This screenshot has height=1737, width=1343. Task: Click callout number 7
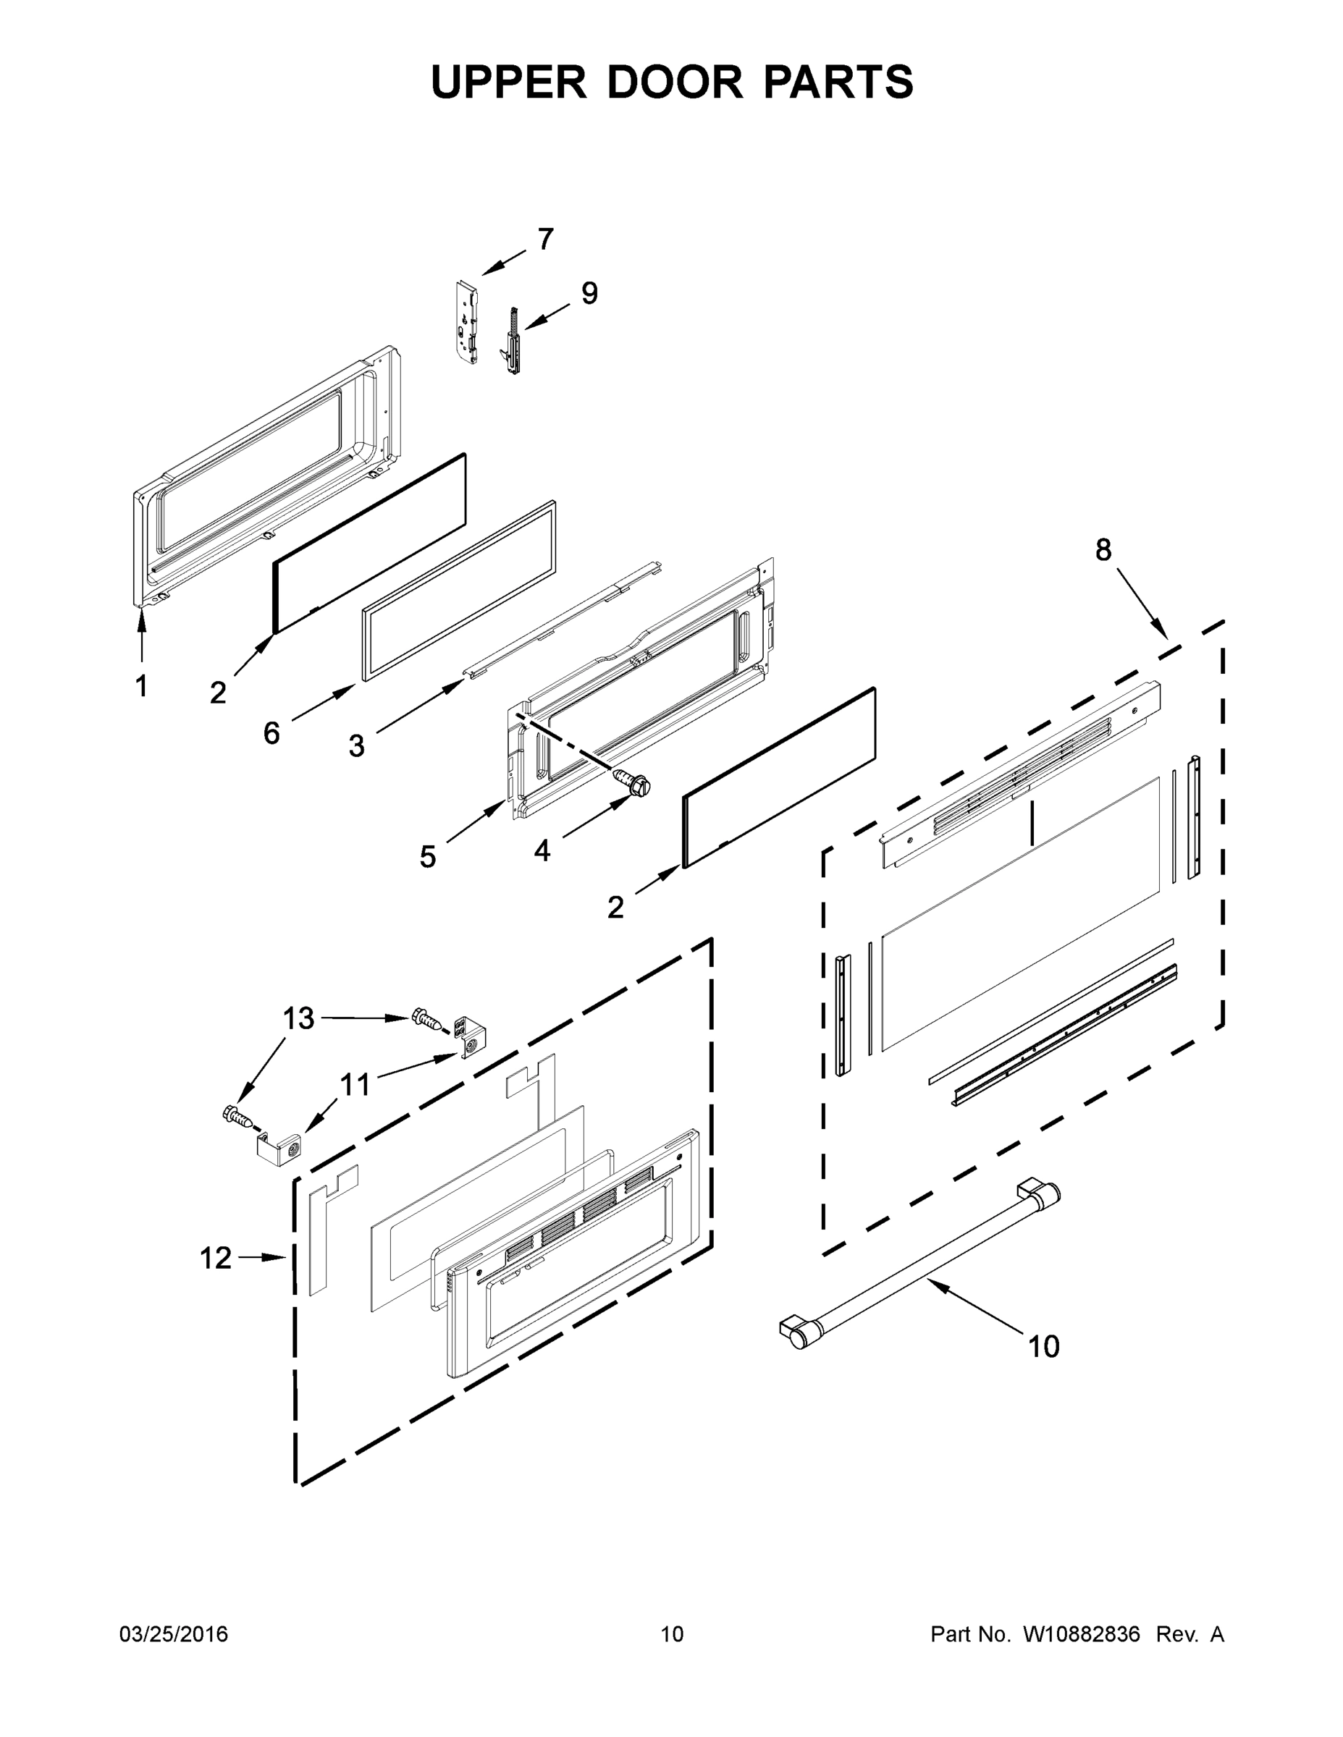tap(545, 239)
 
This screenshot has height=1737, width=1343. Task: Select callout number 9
tap(589, 293)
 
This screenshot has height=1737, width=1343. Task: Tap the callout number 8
tap(1103, 549)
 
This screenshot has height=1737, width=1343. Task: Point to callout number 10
tap(1044, 1346)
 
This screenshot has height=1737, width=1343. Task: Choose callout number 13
tap(299, 1018)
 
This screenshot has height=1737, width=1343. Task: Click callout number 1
tap(142, 685)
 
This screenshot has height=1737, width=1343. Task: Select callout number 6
tap(271, 732)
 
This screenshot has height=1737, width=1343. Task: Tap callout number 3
tap(356, 746)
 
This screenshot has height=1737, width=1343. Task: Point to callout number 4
tap(542, 851)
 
